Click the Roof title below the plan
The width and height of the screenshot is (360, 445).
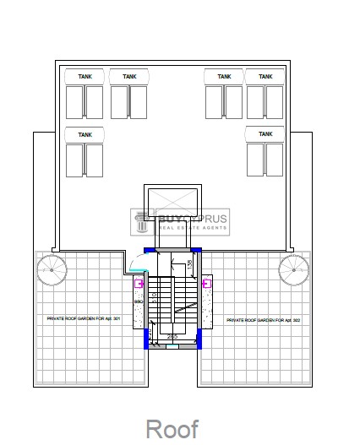coord(172,428)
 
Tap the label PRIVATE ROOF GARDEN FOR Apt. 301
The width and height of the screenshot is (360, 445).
coord(82,318)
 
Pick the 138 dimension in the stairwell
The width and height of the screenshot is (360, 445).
coord(189,264)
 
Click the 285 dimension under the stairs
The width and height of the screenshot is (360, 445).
coord(172,338)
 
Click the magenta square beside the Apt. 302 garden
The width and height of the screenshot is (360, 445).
coord(206,285)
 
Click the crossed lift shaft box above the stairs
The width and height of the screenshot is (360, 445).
coord(172,203)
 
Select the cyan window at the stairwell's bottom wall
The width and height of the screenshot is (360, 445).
coord(172,345)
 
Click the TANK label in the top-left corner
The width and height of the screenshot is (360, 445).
coord(85,77)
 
